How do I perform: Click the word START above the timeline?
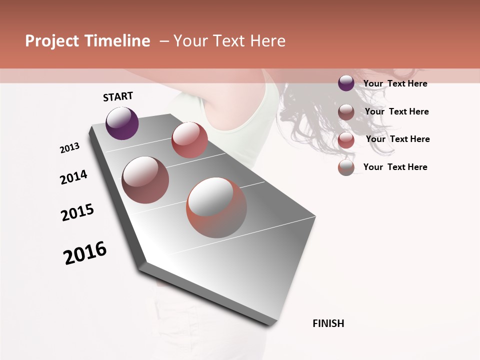click(x=118, y=96)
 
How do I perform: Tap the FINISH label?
click(x=328, y=323)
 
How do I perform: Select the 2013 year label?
click(x=69, y=148)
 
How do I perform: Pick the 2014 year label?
click(x=73, y=177)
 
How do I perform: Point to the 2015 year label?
click(x=77, y=212)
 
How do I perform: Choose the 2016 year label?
click(x=85, y=252)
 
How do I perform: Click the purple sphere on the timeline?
click(x=122, y=123)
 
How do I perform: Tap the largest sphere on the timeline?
click(x=216, y=207)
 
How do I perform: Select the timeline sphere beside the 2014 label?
click(x=145, y=179)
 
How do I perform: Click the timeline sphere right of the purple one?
click(x=189, y=139)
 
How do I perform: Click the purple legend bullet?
click(x=346, y=83)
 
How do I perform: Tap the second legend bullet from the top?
click(x=346, y=112)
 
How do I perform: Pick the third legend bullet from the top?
click(x=346, y=140)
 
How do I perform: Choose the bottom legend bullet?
click(x=346, y=167)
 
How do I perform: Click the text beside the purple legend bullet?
click(x=395, y=83)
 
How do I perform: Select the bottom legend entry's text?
click(x=395, y=167)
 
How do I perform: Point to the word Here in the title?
click(x=267, y=41)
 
